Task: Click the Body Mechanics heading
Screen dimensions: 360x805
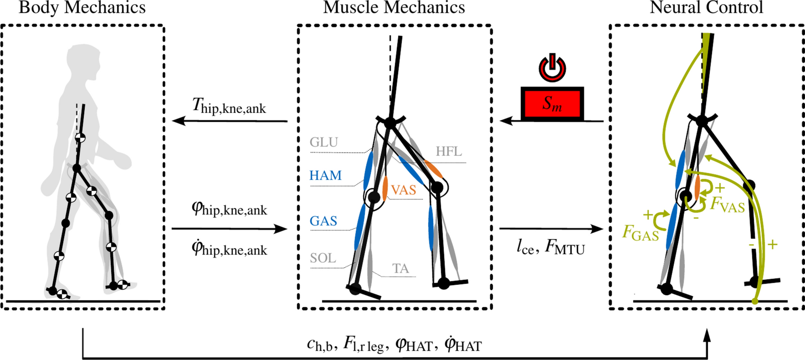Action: tap(82, 7)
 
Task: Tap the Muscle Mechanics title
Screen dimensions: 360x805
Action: tap(394, 7)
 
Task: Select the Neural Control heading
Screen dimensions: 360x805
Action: tap(706, 7)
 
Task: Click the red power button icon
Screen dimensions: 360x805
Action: tap(552, 68)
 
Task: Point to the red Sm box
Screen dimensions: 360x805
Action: tap(552, 104)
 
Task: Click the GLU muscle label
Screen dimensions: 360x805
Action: tap(324, 143)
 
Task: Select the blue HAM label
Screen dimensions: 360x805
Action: tap(325, 175)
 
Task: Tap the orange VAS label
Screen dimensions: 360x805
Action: tap(404, 190)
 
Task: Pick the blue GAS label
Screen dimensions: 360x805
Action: tap(323, 221)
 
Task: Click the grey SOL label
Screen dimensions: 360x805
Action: tap(323, 258)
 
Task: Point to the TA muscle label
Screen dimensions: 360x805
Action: tap(400, 269)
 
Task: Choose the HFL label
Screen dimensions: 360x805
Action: tap(449, 151)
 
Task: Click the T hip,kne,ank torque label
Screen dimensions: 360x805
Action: tap(229, 107)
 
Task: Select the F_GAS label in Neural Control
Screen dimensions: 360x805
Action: tap(641, 234)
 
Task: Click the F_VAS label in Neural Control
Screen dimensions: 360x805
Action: tap(728, 206)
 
